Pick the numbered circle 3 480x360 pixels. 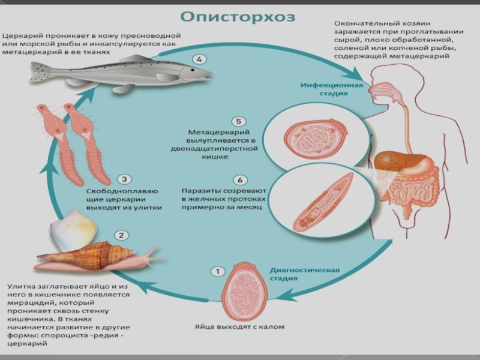123,179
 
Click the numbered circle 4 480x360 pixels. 199,59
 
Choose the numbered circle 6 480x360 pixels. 239,179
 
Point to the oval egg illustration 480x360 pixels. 243,290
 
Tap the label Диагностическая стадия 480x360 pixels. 304,274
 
